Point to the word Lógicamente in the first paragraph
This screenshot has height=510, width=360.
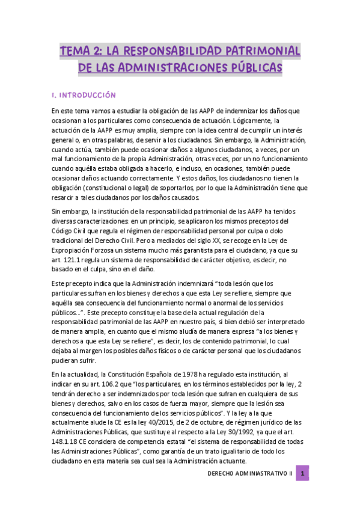(247, 121)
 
